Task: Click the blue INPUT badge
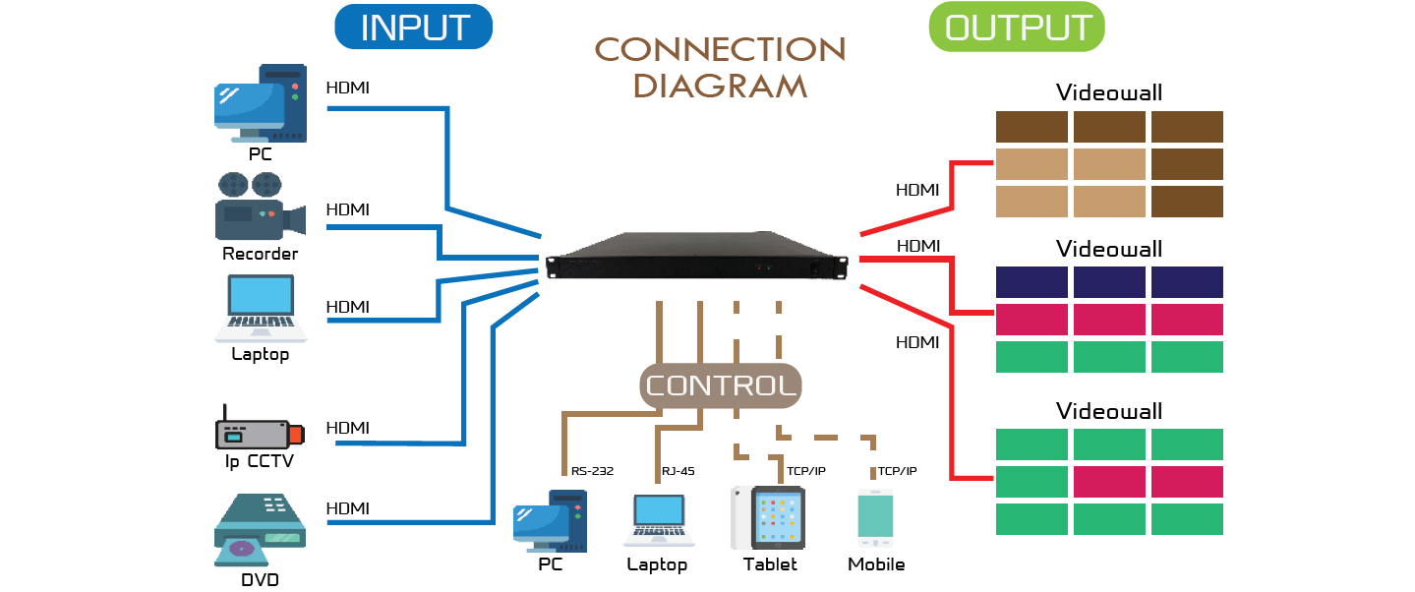(x=413, y=28)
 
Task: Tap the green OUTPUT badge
(x=1017, y=28)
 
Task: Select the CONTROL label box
(x=721, y=385)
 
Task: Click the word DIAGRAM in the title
(x=720, y=85)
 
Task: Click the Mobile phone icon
(x=875, y=519)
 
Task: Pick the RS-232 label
(x=592, y=471)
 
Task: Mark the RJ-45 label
(x=678, y=471)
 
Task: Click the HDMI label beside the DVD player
(x=347, y=508)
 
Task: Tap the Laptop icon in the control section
(x=658, y=520)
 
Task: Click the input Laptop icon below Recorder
(x=261, y=308)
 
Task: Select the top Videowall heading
(x=1109, y=93)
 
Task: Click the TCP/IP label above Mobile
(x=897, y=471)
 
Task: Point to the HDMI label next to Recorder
(x=347, y=209)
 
